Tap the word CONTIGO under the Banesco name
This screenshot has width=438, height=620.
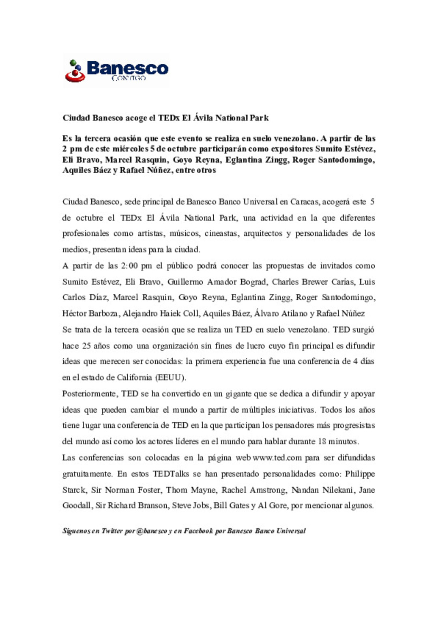pos(129,78)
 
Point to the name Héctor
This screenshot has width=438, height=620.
pos(74,313)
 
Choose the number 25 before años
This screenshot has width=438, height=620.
pos(86,346)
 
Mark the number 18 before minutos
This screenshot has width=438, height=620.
pos(322,441)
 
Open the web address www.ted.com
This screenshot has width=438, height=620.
pos(277,458)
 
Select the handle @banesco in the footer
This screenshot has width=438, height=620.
pos(152,531)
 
